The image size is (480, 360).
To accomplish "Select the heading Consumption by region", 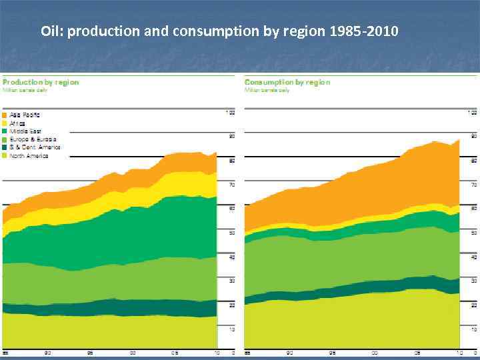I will point(287,82).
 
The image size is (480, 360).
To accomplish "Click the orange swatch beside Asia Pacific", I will point(6,115).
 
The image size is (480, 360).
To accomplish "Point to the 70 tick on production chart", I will point(231,184).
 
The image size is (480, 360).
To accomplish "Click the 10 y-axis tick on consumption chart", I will point(473,329).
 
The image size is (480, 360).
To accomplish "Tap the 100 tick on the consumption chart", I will point(472,112).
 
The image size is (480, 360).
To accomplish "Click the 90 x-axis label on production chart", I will point(48,352).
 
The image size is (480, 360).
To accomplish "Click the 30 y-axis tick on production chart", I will point(231,281).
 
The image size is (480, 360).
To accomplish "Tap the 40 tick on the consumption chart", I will point(473,257).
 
